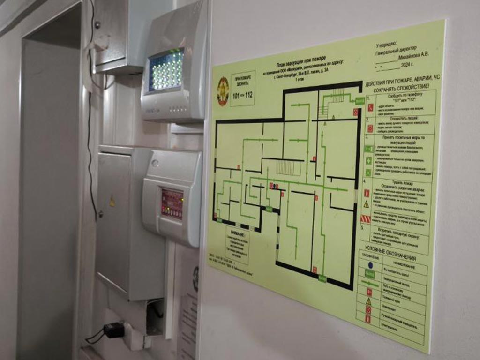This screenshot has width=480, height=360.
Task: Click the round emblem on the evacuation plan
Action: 223,90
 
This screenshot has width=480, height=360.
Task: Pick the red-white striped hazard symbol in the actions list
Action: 366,219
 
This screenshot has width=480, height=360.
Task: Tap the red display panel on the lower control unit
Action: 172,204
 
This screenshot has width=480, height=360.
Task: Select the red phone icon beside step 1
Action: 370,107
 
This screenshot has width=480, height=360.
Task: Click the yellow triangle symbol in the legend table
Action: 368,301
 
